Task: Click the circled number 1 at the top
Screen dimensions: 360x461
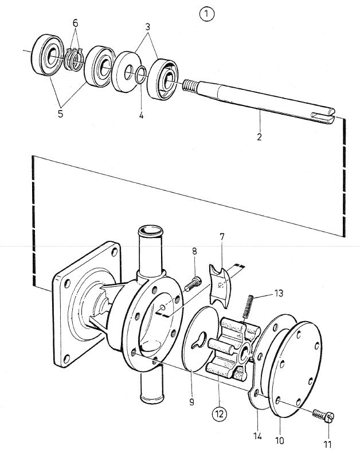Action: coord(207,14)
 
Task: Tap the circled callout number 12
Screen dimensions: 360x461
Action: coord(220,414)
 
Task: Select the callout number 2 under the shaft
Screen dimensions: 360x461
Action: coord(259,136)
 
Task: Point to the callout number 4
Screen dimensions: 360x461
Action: coord(142,115)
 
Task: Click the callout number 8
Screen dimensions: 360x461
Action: coord(194,251)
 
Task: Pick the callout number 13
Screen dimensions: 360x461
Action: coord(279,293)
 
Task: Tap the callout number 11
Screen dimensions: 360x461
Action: coord(327,444)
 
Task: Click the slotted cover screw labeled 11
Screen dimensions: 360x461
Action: coord(323,416)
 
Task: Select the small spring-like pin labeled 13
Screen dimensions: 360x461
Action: coord(248,306)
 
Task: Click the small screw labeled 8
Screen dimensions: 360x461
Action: coord(193,284)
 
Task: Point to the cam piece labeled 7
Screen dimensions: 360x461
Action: coord(220,286)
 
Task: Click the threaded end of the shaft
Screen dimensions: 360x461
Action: coord(189,86)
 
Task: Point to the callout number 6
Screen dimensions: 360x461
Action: coord(76,22)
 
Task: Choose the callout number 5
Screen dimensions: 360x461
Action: coord(60,114)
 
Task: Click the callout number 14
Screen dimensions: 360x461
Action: coord(257,436)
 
